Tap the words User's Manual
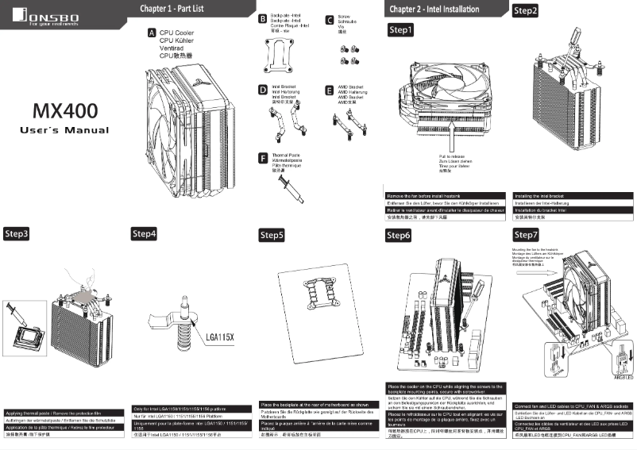click(x=64, y=129)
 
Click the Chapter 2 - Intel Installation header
click(x=434, y=9)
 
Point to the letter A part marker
click(x=152, y=33)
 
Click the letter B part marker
click(x=263, y=17)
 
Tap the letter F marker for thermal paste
click(x=263, y=158)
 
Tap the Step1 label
click(x=400, y=30)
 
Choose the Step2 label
click(x=525, y=11)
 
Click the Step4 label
click(x=144, y=234)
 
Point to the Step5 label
click(x=272, y=236)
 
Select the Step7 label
click(x=526, y=235)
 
